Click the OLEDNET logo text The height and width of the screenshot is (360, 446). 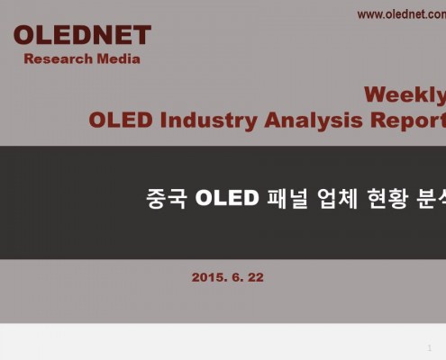tap(82, 35)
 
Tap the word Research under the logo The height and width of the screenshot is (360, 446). tap(59, 58)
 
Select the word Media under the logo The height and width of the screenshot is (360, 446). tap(119, 58)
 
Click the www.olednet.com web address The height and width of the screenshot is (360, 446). tap(402, 14)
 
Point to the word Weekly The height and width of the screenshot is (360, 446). tap(405, 95)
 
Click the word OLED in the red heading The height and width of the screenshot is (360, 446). tap(121, 120)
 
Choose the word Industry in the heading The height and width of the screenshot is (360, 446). tap(209, 121)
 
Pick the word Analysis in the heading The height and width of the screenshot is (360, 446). tap(314, 121)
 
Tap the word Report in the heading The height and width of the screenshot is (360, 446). tap(408, 121)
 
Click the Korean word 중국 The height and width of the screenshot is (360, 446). tap(167, 198)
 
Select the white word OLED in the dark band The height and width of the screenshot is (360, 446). tap(227, 198)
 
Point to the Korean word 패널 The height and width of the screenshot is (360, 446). tap(287, 198)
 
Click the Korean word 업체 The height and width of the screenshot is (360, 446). tap(338, 198)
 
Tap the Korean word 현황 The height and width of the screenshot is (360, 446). tap(387, 198)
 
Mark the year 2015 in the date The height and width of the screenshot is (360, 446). tap(209, 277)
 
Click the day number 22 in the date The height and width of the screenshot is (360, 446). tap(256, 277)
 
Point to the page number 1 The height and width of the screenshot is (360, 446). tap(430, 348)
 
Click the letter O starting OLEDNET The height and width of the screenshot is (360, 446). tap(24, 35)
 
